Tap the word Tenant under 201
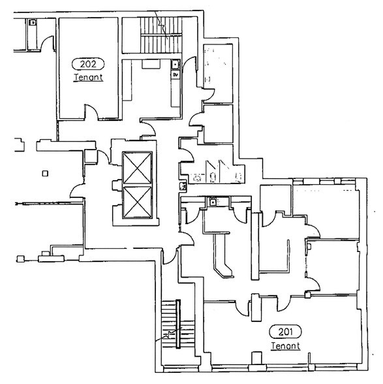284,345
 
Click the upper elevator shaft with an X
137,168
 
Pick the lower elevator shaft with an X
137,202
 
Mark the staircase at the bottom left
174,330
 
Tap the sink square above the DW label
175,64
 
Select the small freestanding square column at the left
44,173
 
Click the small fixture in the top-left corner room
31,22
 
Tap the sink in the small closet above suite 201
213,202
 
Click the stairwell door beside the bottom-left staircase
168,257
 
